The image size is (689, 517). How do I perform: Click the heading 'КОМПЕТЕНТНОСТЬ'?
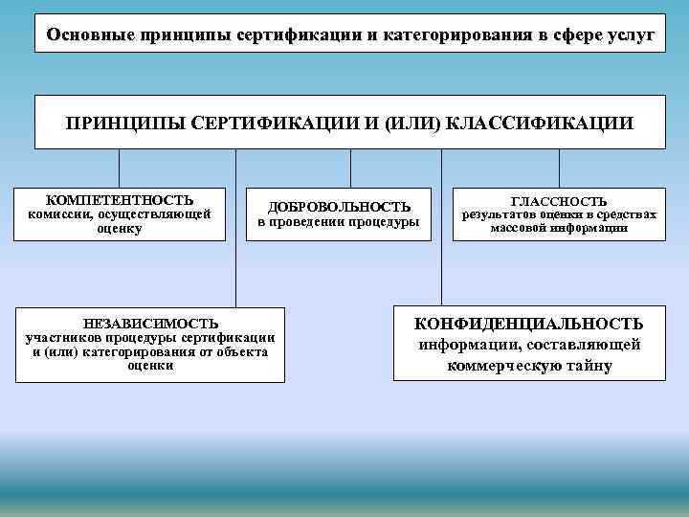tap(121, 200)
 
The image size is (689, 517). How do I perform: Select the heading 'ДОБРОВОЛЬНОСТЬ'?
tap(340, 207)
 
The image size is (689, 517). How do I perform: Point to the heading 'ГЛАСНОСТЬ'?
tap(559, 201)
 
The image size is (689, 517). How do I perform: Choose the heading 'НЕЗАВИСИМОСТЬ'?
tap(150, 324)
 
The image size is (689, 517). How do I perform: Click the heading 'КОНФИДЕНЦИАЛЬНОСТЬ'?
tap(529, 324)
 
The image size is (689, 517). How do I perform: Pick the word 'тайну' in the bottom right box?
tap(590, 366)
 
